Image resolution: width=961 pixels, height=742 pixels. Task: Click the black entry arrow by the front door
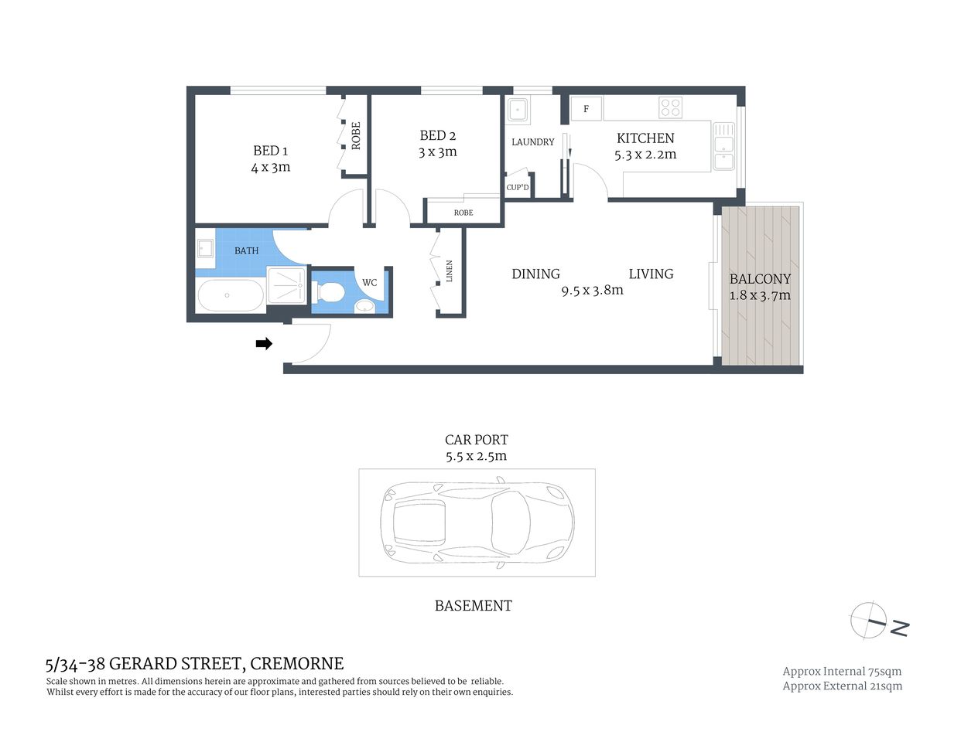264,344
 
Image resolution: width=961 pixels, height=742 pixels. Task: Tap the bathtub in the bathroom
230,295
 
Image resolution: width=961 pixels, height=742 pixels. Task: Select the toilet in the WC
330,293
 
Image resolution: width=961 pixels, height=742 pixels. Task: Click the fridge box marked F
586,109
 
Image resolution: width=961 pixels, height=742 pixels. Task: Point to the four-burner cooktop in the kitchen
670,107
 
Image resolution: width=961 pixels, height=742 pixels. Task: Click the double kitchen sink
723,145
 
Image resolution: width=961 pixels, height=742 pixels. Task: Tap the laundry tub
517,111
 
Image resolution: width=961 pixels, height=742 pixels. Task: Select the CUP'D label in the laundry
518,187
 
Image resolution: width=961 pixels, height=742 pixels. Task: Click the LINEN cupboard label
449,271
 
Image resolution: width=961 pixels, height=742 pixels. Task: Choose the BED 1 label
270,151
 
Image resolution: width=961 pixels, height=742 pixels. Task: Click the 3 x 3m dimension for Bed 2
437,152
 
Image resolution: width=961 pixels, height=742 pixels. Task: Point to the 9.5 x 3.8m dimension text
592,291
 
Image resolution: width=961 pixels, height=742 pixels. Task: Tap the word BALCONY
760,279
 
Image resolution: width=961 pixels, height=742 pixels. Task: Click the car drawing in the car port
477,522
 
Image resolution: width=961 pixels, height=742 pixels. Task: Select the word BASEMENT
473,606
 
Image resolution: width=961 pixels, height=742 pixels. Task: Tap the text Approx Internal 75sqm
842,672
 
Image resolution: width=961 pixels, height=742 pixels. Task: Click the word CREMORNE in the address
297,664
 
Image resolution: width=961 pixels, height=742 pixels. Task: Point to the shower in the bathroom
286,284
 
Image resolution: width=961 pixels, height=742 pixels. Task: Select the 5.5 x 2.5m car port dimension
476,456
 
